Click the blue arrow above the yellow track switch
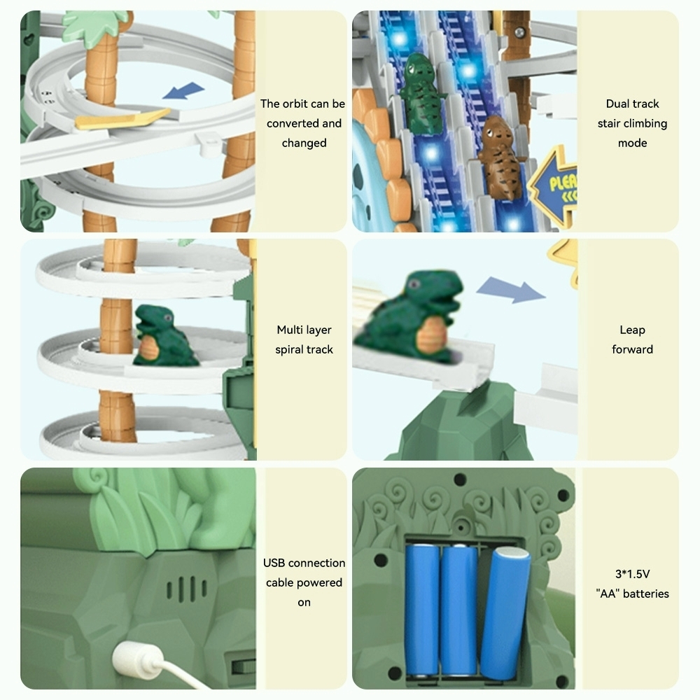click(x=183, y=90)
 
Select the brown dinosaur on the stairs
click(x=499, y=157)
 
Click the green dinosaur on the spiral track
click(x=164, y=336)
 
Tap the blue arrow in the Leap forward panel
click(x=511, y=290)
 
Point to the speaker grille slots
click(x=187, y=589)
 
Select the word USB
click(x=274, y=563)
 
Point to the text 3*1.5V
click(x=632, y=574)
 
